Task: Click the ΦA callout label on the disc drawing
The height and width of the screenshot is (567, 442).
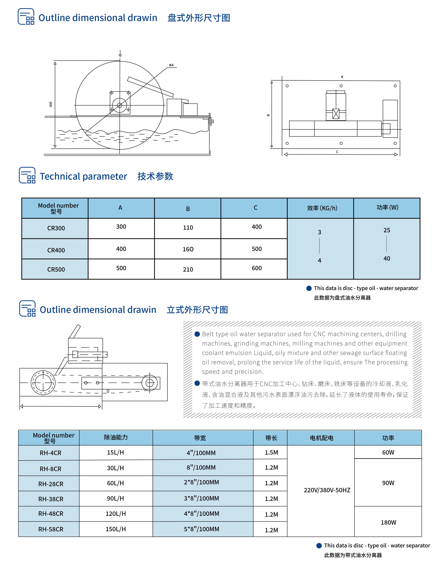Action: click(x=171, y=65)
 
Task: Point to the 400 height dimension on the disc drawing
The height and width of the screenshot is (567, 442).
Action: click(x=51, y=104)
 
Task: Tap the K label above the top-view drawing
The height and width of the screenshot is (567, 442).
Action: click(x=342, y=77)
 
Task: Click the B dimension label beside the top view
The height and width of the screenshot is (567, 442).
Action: click(x=268, y=115)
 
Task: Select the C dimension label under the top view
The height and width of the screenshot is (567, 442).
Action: click(x=337, y=152)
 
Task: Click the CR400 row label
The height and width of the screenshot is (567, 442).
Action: click(x=56, y=250)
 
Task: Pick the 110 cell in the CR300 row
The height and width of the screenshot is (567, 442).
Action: click(x=188, y=228)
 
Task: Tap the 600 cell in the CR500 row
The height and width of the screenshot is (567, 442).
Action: click(x=256, y=268)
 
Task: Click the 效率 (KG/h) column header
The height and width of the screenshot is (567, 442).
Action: click(x=322, y=208)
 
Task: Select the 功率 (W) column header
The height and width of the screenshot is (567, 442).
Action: click(x=387, y=207)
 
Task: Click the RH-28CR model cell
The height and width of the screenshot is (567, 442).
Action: click(x=51, y=484)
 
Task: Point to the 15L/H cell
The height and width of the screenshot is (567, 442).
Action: click(x=115, y=453)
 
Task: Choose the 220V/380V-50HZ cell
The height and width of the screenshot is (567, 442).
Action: click(x=327, y=490)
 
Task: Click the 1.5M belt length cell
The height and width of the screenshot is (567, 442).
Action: click(x=271, y=453)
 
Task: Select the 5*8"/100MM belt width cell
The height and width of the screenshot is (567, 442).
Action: click(x=202, y=529)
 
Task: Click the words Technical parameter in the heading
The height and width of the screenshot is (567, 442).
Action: click(x=83, y=176)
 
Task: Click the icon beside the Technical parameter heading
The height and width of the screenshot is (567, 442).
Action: click(x=27, y=175)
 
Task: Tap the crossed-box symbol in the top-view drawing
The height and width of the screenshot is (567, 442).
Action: click(x=336, y=114)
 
